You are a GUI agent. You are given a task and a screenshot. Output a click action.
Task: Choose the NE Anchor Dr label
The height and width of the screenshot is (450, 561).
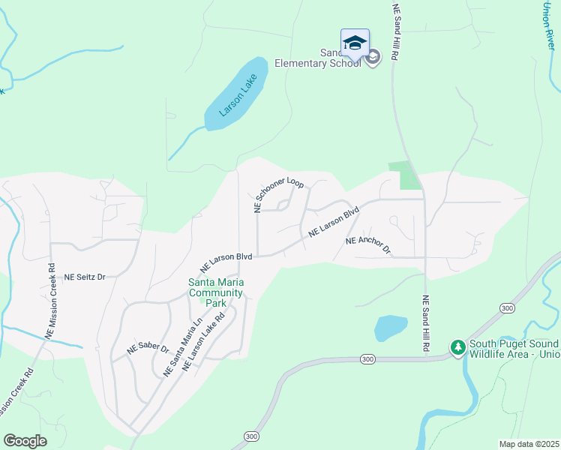[x=368, y=244]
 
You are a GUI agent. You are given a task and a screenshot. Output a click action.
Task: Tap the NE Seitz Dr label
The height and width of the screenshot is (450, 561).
[x=85, y=277]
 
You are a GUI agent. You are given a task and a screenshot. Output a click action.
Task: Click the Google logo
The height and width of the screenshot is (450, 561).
[x=25, y=441]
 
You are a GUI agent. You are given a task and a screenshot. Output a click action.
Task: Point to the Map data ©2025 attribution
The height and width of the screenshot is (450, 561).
[x=529, y=444]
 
